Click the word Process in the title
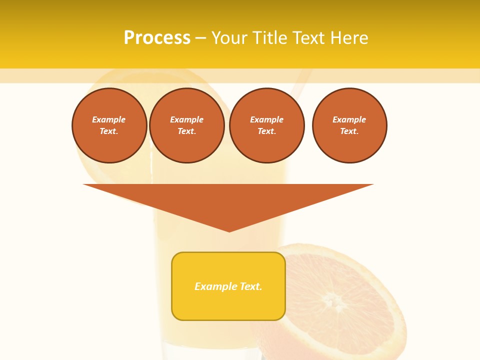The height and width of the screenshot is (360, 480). [x=157, y=38]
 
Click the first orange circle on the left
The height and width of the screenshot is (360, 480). [x=109, y=125]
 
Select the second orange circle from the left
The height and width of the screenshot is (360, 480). [x=187, y=125]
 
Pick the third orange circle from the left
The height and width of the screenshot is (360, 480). [x=267, y=125]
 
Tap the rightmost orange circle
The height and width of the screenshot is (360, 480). [x=349, y=125]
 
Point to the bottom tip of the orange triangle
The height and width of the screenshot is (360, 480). [x=229, y=230]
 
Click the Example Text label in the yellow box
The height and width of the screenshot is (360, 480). [x=228, y=286]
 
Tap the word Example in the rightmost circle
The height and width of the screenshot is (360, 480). [x=349, y=119]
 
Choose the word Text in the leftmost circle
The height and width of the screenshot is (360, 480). [x=108, y=131]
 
